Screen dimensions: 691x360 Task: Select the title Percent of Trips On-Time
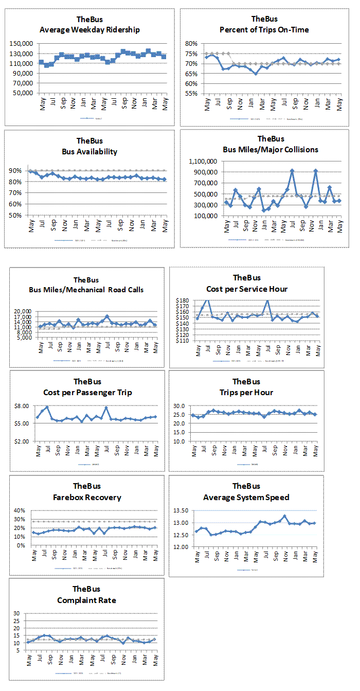[x=264, y=29]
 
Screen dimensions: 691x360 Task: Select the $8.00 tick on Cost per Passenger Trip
[x=23, y=406]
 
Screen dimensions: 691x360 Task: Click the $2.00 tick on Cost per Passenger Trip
[x=23, y=441]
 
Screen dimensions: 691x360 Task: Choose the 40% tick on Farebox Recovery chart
[x=19, y=510]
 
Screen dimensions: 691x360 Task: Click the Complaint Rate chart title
[x=86, y=600]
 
